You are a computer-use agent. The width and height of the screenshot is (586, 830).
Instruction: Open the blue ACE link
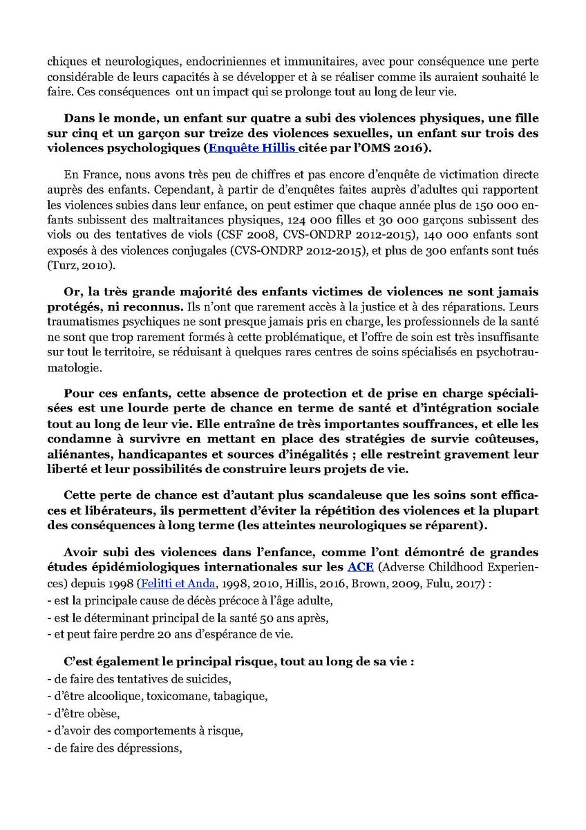tap(358, 567)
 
